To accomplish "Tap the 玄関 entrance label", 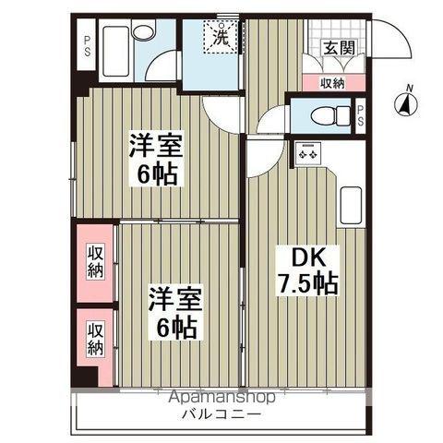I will (336, 49).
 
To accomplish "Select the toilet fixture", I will (319, 116).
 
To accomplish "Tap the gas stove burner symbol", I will (306, 152).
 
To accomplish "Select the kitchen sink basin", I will (352, 205).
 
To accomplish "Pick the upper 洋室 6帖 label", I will (156, 160).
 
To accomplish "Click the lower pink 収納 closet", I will (95, 338).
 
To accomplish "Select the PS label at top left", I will (87, 45).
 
